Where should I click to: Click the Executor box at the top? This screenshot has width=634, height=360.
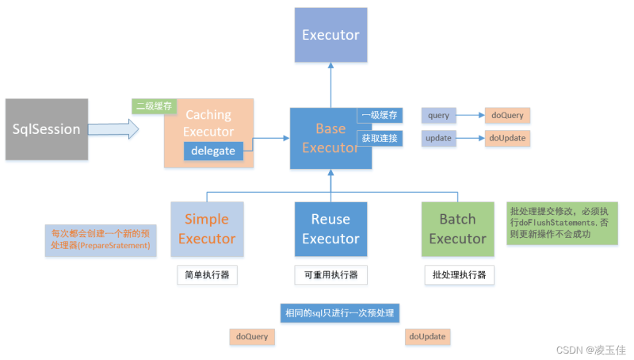(330, 35)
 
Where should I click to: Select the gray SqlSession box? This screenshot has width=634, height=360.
(46, 129)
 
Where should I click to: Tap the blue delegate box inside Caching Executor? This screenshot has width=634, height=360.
(213, 151)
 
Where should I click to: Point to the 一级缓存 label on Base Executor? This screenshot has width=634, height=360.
(380, 115)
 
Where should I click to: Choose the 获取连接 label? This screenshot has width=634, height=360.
(380, 139)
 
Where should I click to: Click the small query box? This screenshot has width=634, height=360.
(438, 115)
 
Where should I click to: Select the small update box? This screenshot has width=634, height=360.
(438, 139)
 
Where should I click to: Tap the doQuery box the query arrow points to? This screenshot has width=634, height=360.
(506, 115)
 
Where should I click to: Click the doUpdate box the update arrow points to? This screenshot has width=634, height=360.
(506, 139)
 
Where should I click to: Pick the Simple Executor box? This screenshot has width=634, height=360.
(207, 228)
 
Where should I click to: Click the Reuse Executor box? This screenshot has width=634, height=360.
(330, 228)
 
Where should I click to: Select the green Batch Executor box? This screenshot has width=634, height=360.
(457, 228)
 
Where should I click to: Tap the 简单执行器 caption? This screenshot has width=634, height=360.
(207, 275)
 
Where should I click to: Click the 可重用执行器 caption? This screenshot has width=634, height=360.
(330, 275)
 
